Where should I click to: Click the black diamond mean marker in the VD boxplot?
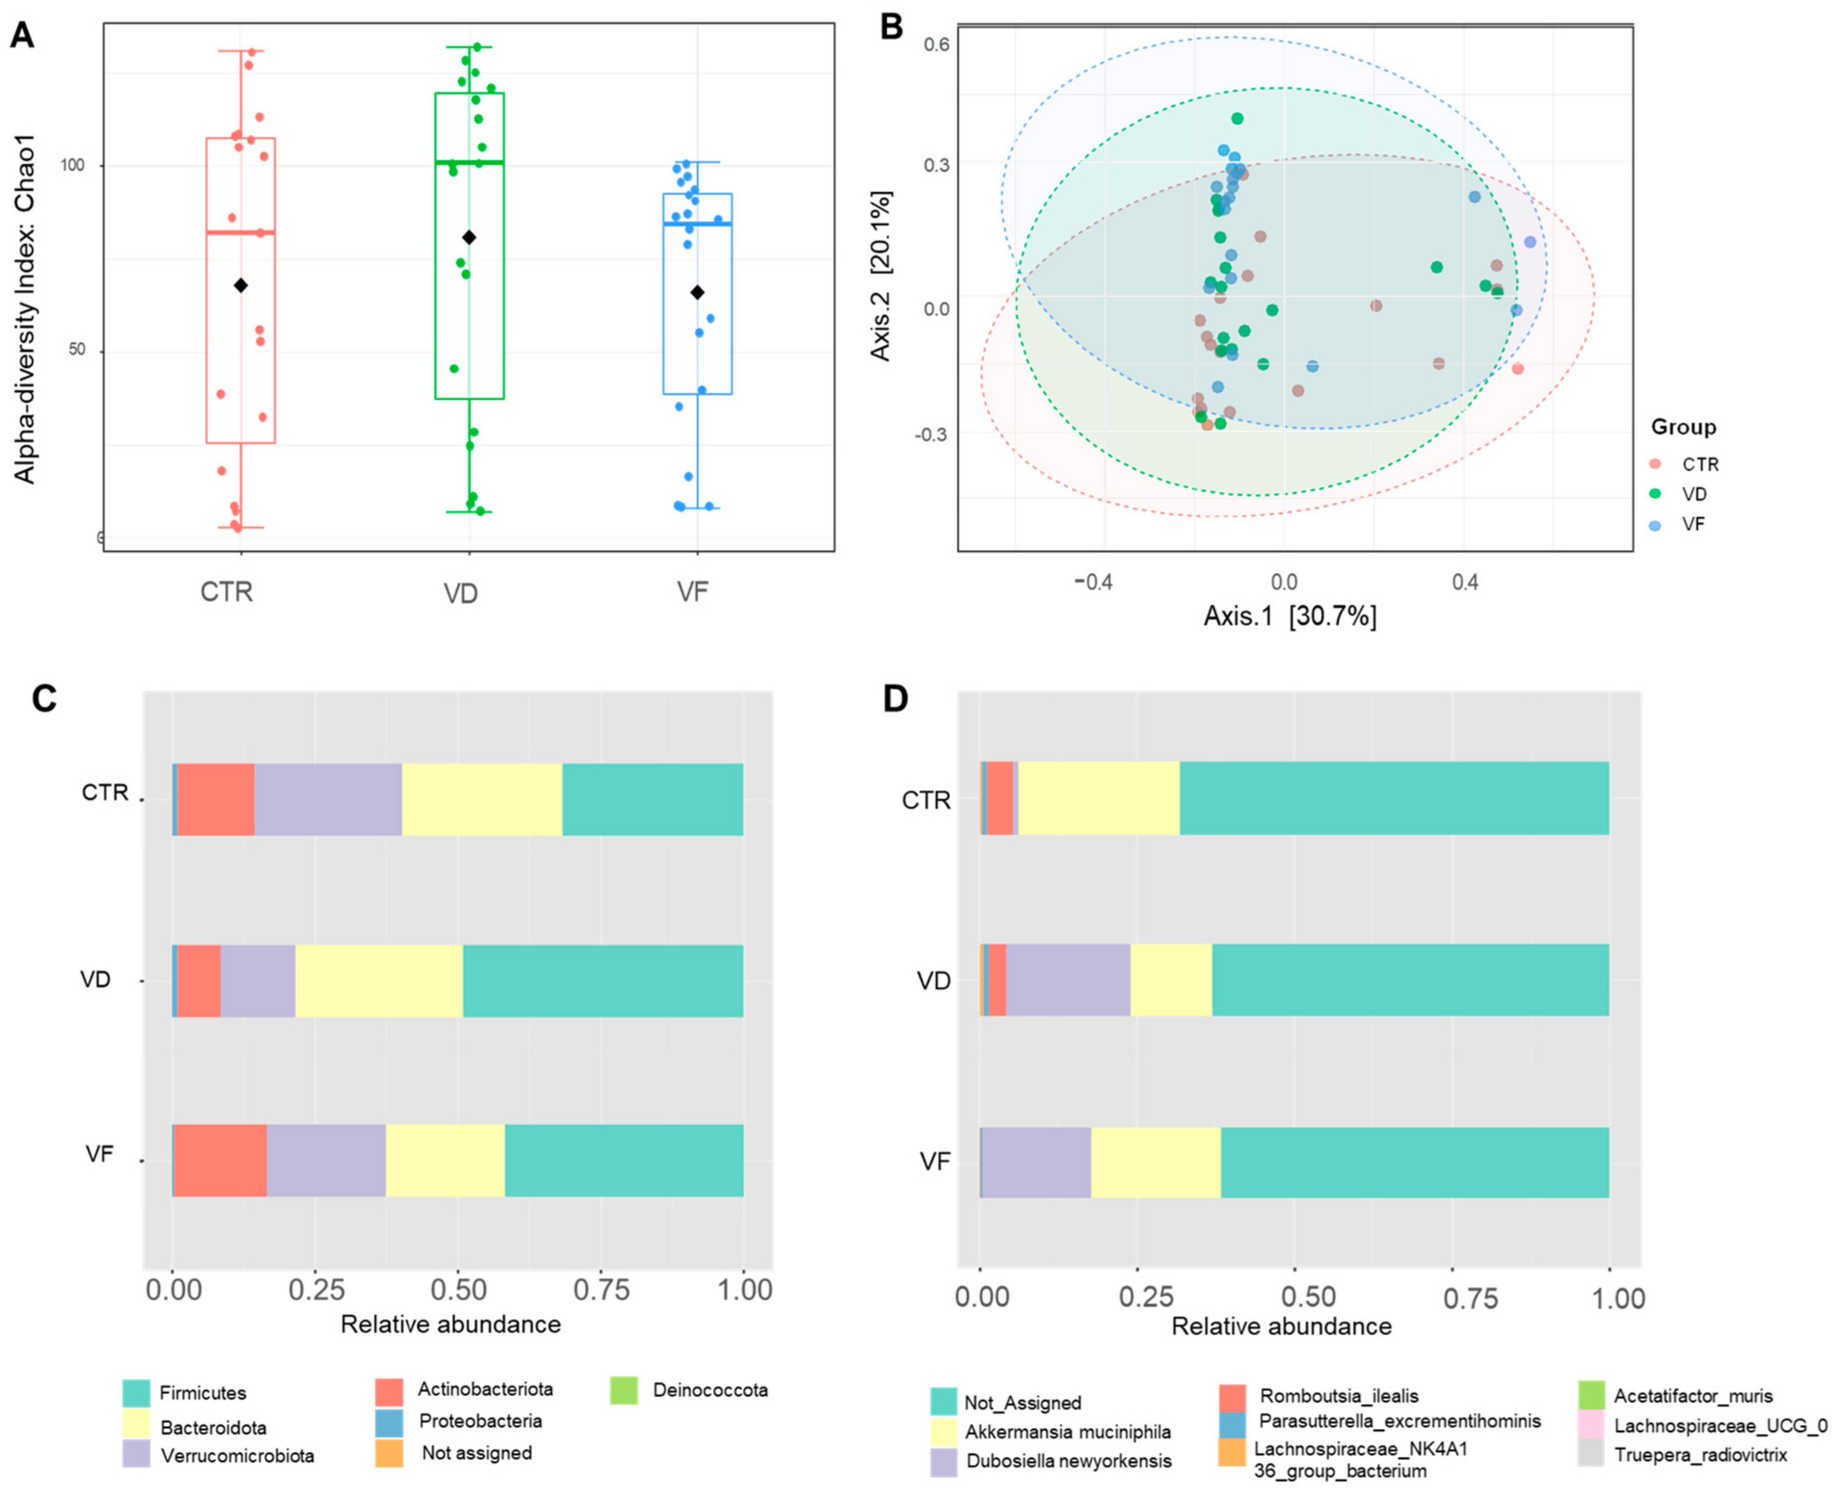coord(469,238)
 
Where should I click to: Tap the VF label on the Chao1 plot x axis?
coord(693,592)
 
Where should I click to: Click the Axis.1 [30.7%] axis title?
coord(1289,616)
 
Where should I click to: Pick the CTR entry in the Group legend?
coord(1700,465)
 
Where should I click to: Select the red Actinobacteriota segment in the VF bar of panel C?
coord(220,1160)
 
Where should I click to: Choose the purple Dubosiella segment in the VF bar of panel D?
coord(1035,1162)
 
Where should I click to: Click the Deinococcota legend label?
coord(710,1390)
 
